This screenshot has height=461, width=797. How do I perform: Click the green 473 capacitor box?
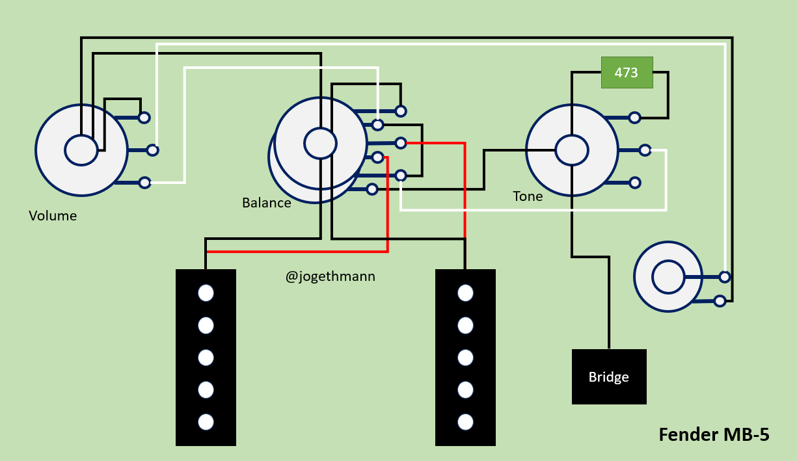tap(627, 73)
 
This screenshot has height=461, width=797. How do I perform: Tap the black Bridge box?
tap(609, 376)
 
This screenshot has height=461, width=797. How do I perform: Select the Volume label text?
tap(53, 216)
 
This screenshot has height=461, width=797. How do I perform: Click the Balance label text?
tap(267, 203)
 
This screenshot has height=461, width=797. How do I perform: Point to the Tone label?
tap(528, 196)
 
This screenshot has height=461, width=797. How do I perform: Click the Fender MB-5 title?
tap(714, 434)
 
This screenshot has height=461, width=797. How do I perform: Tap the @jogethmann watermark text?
tap(331, 276)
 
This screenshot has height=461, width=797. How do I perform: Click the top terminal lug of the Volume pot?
tap(144, 118)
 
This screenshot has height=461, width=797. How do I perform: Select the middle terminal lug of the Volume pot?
tap(153, 150)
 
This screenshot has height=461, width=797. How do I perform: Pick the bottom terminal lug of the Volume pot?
tap(144, 183)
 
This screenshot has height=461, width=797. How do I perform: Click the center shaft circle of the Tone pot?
tap(572, 150)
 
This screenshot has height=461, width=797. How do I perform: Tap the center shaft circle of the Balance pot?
tap(320, 143)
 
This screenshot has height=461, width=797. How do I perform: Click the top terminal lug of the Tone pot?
tap(634, 118)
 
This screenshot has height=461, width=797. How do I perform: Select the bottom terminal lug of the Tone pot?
tap(635, 183)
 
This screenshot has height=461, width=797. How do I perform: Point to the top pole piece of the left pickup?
tap(206, 293)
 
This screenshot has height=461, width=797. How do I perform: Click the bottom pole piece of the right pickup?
tap(465, 422)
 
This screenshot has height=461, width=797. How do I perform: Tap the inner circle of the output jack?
tap(668, 277)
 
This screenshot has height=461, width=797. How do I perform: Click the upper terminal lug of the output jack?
tap(725, 277)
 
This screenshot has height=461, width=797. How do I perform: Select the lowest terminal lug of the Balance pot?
tap(371, 189)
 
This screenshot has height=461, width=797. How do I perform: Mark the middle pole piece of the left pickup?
tap(206, 358)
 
